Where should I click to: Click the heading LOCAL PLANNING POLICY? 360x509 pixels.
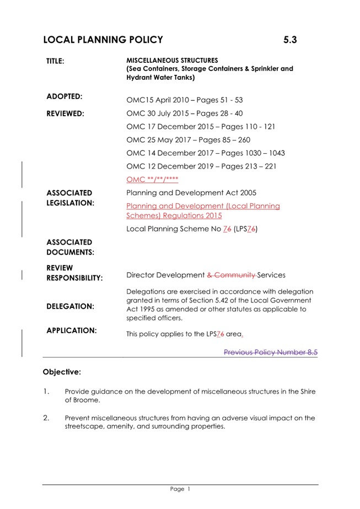[103, 40]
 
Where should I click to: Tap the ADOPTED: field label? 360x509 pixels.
[65, 96]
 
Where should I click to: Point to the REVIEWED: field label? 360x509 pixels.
[65, 114]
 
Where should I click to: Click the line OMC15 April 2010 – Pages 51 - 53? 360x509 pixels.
[184, 100]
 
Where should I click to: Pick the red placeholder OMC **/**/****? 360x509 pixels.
[152, 180]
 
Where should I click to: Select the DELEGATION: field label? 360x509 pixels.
[70, 306]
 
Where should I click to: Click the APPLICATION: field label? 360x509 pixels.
[72, 331]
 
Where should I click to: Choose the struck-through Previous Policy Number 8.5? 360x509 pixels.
[271, 353]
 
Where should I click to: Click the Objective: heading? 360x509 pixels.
[62, 372]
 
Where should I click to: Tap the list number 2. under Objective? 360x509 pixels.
[46, 418]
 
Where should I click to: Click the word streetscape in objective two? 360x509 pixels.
[84, 427]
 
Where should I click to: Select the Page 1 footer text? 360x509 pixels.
[180, 489]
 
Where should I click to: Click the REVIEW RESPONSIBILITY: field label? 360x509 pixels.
[74, 273]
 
